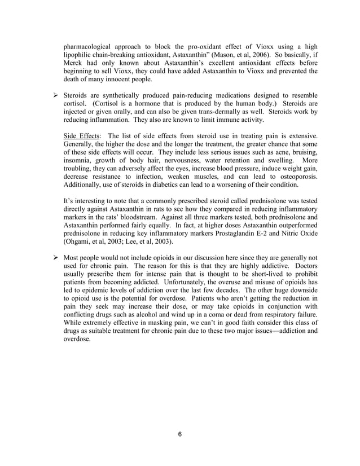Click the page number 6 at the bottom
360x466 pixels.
click(179, 434)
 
